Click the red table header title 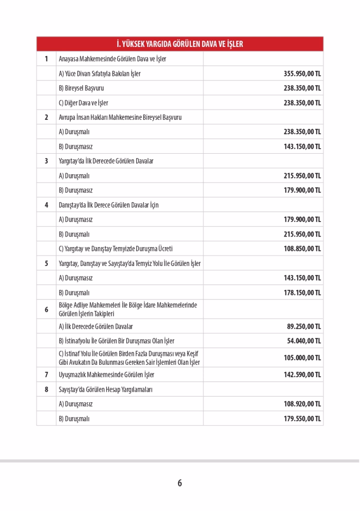tap(180, 44)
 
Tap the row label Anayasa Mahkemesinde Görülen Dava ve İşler tap(112, 59)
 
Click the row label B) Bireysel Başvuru tap(81, 88)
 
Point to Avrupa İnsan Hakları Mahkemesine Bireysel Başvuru tap(120, 117)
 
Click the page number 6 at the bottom tap(180, 483)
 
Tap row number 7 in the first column tap(46, 374)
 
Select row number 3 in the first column tap(46, 161)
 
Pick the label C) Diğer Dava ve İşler tap(83, 103)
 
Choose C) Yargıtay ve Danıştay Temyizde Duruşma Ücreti tap(116, 249)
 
